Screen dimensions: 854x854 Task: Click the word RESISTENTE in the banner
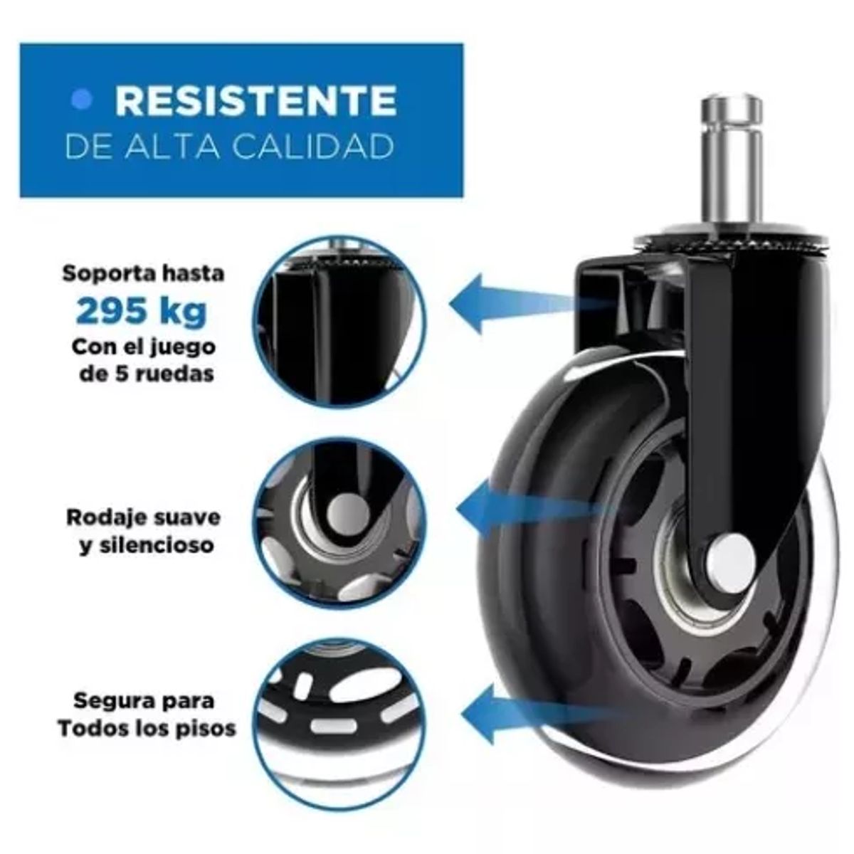(x=255, y=100)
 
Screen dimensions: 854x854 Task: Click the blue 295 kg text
(x=142, y=311)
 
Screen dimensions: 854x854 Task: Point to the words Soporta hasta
(x=143, y=273)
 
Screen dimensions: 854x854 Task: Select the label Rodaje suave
(x=143, y=517)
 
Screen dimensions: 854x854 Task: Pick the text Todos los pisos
(x=147, y=729)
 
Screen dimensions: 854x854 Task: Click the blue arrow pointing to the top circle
(x=512, y=302)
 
